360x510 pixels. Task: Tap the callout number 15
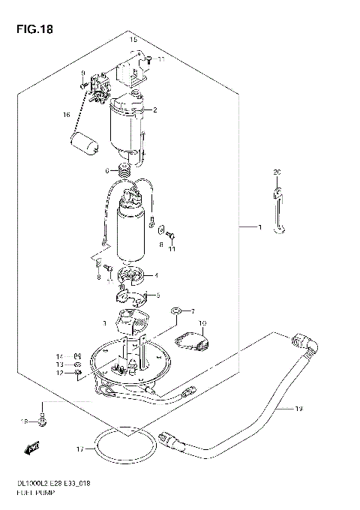(x=133, y=39)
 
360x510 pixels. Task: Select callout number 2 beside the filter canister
(x=154, y=111)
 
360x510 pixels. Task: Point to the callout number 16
(x=66, y=115)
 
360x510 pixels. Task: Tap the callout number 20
(x=276, y=172)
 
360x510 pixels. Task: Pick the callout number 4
(x=156, y=274)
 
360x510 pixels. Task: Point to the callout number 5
(x=156, y=295)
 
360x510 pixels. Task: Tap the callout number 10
(x=201, y=324)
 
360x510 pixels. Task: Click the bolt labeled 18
(x=44, y=421)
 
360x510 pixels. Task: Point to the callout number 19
(x=298, y=409)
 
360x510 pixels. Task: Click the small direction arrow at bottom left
(x=32, y=449)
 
